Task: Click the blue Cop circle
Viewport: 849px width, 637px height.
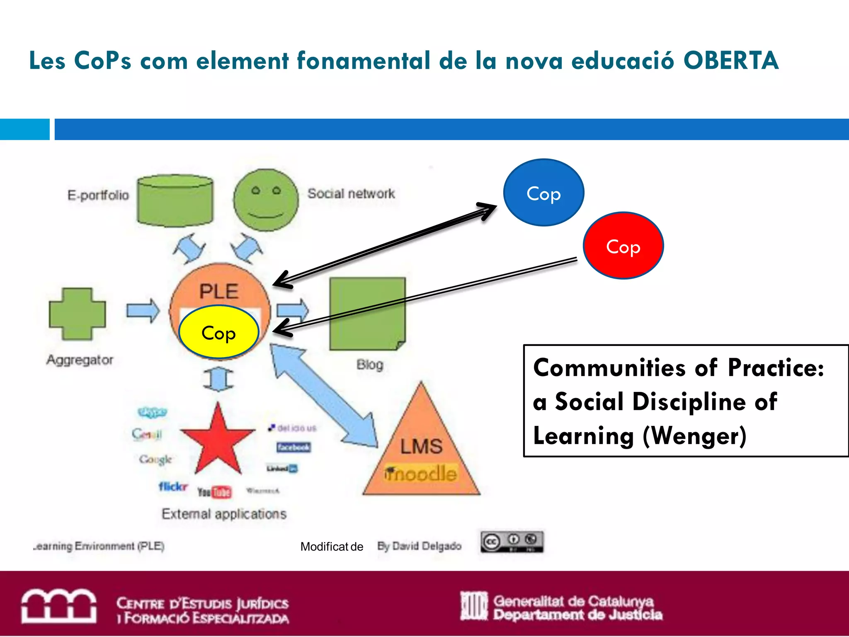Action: [x=543, y=192]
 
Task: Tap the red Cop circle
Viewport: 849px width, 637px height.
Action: [x=623, y=246]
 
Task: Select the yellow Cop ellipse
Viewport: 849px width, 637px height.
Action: [x=218, y=332]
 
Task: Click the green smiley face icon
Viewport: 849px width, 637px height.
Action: [x=266, y=200]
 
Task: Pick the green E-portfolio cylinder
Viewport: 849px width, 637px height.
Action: [x=175, y=200]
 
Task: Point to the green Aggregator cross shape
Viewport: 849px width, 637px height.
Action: [x=77, y=314]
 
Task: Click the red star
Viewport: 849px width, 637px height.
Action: [x=218, y=441]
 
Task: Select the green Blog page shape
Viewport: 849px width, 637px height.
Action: [x=367, y=314]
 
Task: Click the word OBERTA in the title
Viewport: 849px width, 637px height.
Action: [x=730, y=61]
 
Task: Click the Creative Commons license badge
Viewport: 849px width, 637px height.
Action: [x=512, y=542]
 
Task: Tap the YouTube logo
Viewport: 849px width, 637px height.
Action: [x=214, y=492]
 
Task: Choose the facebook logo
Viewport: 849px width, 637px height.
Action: [x=294, y=447]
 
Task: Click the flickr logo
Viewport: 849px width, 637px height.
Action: [x=173, y=486]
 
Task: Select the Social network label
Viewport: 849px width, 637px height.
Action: [x=351, y=193]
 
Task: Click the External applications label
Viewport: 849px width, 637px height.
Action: [x=224, y=514]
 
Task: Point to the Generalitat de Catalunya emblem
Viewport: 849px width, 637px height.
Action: [x=474, y=606]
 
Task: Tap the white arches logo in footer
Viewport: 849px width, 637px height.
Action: [x=59, y=606]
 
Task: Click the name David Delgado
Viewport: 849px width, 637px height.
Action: [x=427, y=546]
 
